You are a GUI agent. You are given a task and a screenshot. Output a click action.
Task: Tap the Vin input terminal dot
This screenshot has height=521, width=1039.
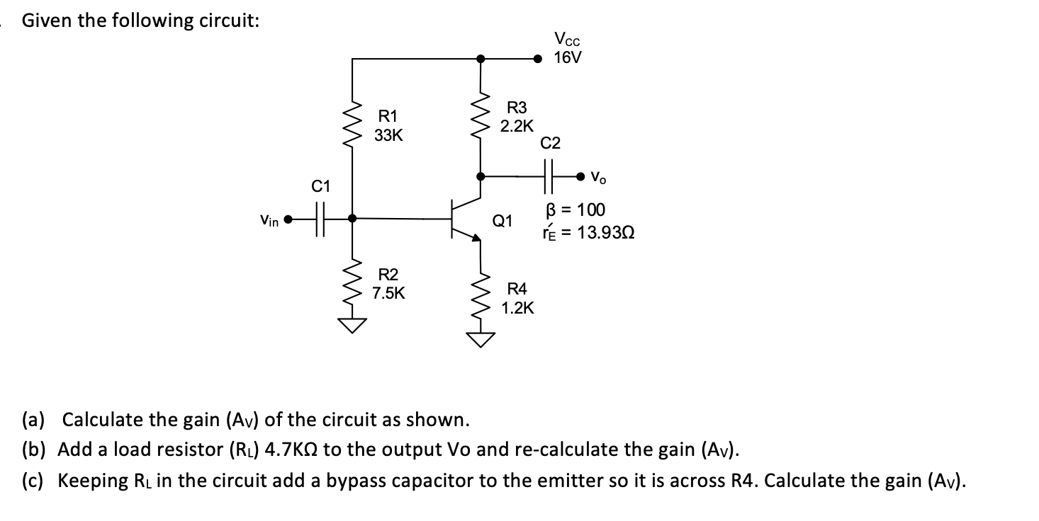coord(288,219)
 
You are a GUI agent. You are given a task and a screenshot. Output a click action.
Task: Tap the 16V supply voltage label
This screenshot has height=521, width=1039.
coord(567,58)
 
